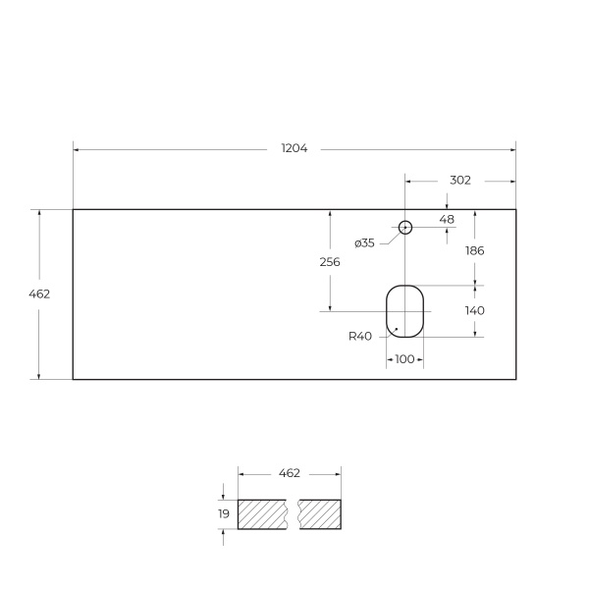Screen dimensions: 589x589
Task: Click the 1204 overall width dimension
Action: click(x=294, y=149)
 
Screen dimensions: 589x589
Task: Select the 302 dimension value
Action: click(x=459, y=181)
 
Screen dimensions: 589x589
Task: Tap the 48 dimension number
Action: click(x=447, y=219)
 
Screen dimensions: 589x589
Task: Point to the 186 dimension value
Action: click(x=475, y=250)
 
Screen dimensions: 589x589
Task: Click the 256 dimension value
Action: click(x=330, y=261)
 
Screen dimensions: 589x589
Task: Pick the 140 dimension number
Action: click(x=475, y=310)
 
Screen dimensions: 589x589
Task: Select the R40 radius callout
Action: click(x=359, y=336)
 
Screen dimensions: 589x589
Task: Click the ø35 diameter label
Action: click(x=364, y=242)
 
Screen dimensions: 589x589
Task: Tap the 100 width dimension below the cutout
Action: click(x=404, y=359)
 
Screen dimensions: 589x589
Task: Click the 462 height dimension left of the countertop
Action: click(x=39, y=294)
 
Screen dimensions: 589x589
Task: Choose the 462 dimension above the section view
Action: click(x=289, y=473)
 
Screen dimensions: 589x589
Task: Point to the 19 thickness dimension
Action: click(x=224, y=513)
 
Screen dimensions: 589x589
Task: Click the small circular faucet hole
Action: click(x=404, y=228)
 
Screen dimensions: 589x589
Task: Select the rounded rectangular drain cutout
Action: click(x=404, y=311)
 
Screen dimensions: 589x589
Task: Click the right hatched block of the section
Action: click(x=320, y=514)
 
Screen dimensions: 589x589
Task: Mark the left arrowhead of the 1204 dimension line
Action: click(x=77, y=149)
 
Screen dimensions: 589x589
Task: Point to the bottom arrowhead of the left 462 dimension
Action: click(x=39, y=376)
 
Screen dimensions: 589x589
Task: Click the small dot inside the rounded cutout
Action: click(x=396, y=329)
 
